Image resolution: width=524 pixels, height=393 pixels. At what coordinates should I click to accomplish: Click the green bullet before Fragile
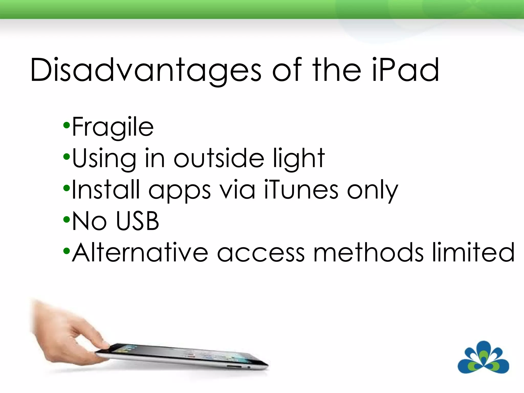[x=66, y=125]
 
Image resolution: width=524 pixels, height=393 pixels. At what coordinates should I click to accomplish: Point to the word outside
[x=219, y=158]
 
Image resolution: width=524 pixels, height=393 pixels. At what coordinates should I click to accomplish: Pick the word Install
[x=106, y=190]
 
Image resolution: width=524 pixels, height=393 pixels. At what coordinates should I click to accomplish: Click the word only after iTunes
[x=373, y=191]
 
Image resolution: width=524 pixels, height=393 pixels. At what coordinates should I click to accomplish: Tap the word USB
[x=137, y=221]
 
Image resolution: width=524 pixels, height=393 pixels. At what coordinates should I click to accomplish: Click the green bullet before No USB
[x=66, y=219]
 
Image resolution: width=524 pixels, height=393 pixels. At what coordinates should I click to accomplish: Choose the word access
[x=261, y=253]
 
